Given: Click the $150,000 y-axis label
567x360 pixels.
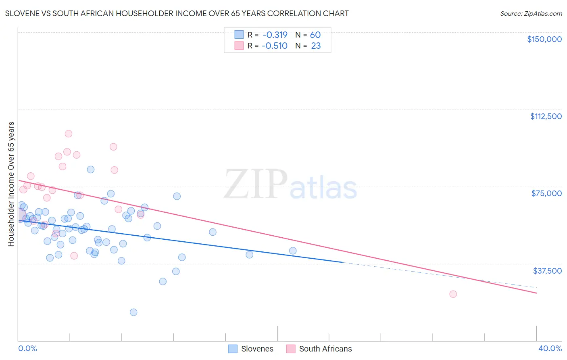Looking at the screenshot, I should (x=544, y=39).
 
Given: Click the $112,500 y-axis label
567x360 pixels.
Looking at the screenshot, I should (x=546, y=116).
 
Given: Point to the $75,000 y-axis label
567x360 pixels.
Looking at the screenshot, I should (x=546, y=193).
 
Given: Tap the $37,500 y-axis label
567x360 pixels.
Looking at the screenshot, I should (x=547, y=271).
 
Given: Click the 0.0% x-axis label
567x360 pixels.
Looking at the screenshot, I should (x=27, y=349).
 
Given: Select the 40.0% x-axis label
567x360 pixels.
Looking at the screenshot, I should (x=550, y=349).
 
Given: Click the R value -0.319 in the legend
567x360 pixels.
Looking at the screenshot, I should (x=274, y=35).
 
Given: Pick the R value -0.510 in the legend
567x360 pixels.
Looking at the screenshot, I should (x=274, y=46).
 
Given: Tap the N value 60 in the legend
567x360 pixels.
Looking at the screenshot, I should (x=315, y=35).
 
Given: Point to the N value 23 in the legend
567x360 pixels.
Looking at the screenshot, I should (x=316, y=46).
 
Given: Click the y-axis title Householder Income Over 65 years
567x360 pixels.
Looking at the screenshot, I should (x=11, y=184).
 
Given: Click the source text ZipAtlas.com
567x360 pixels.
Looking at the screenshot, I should (x=531, y=14).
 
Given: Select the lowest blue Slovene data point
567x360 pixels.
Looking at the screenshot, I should (x=133, y=312).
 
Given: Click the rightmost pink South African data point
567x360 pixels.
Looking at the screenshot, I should (x=453, y=294).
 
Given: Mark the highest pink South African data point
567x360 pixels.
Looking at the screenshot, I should (x=69, y=134).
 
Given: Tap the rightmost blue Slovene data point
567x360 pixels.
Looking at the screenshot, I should (x=293, y=251).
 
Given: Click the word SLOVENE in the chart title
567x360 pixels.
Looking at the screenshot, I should (x=20, y=14).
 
